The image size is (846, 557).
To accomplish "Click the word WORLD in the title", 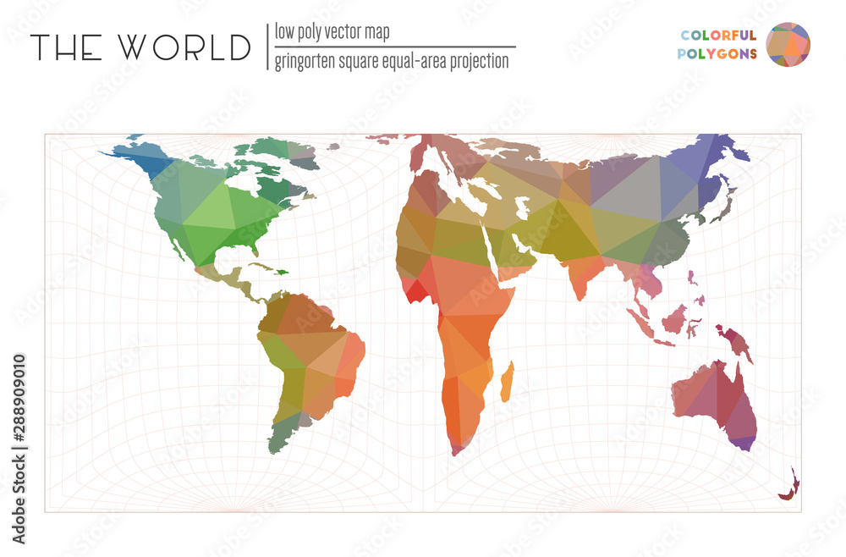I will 186,47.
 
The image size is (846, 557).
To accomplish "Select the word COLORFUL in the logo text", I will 718,36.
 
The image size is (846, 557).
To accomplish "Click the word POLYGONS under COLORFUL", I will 718,52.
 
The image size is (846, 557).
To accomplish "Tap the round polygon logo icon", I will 788,44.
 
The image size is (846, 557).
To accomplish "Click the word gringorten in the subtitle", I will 313,61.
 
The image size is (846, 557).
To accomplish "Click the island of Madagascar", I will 507,382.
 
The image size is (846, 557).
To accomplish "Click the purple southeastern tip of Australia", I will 743,442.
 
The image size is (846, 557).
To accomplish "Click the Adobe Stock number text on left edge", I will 18,449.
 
